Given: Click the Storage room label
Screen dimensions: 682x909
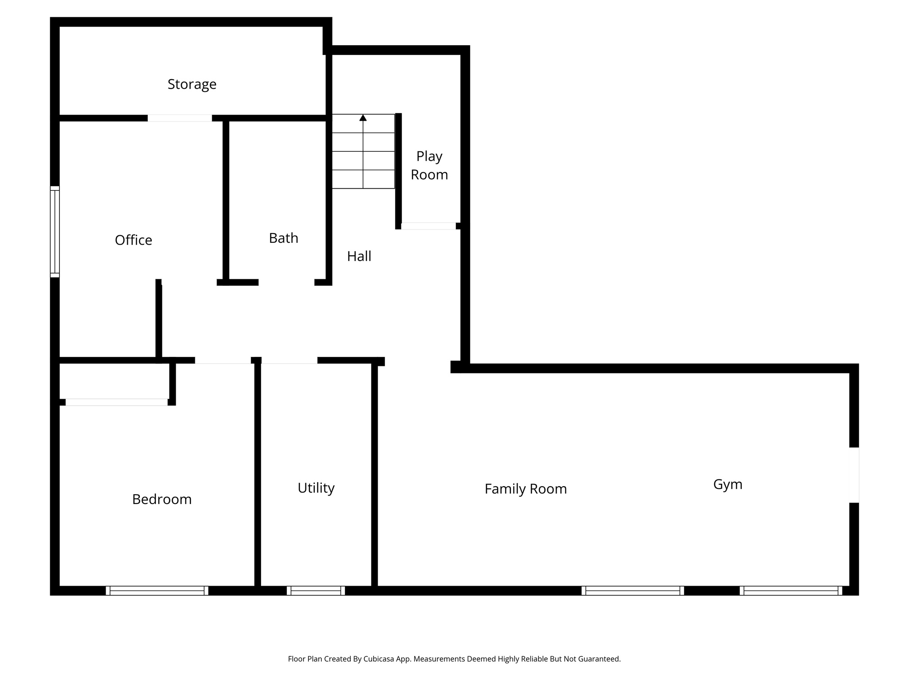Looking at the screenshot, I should tap(192, 84).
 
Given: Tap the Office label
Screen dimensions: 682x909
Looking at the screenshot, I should tap(133, 240).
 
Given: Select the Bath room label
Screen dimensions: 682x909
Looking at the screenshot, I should tap(283, 238).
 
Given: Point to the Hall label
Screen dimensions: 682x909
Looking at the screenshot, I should tap(359, 256).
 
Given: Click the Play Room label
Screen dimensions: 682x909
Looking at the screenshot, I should tap(429, 166).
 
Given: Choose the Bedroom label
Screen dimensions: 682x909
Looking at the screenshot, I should tap(162, 500).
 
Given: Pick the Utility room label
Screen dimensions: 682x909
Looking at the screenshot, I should tap(316, 488).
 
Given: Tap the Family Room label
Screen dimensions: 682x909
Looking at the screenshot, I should tap(525, 489).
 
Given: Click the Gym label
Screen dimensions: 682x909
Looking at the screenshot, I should tap(727, 484).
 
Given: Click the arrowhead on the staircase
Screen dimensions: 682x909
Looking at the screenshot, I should tap(363, 118).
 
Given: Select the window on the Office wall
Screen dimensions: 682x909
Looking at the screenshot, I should tap(55, 232).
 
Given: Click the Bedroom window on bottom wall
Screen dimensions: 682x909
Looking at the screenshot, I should tap(157, 591).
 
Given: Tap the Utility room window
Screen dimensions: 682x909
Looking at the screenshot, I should tap(316, 591).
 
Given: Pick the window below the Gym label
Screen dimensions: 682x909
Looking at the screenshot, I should tap(790, 591).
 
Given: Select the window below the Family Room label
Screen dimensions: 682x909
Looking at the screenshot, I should tap(632, 591).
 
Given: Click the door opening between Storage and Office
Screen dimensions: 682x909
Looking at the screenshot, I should tap(180, 118).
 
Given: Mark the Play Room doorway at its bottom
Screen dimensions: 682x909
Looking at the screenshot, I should tap(428, 226).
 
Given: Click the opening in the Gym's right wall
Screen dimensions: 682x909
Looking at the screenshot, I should tap(854, 475).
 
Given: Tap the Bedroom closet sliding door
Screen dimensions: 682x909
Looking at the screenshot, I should tap(117, 402).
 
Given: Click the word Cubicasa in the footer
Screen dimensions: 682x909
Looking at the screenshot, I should tap(379, 659).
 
